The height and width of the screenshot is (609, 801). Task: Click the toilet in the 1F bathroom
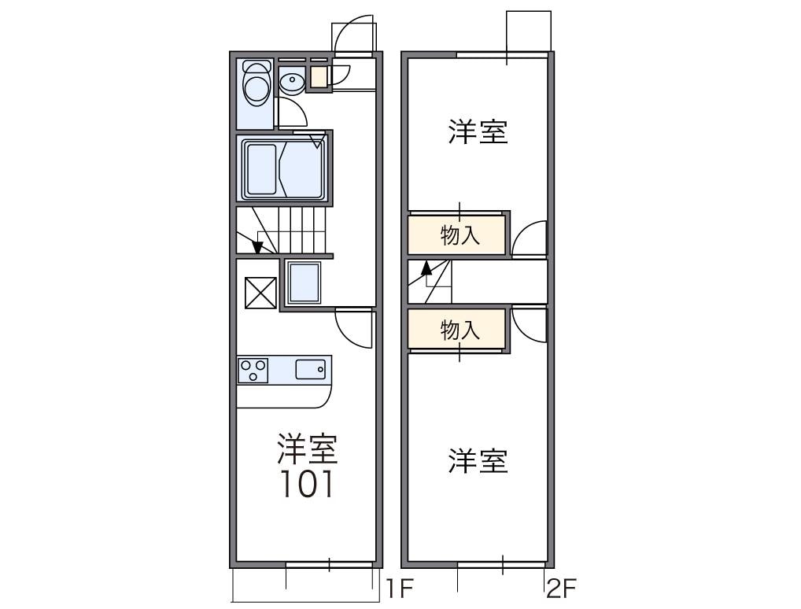tap(255, 87)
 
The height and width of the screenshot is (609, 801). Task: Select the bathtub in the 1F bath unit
tap(283, 168)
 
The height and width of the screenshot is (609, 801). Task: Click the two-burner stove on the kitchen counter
tap(253, 370)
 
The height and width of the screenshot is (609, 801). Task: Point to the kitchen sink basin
tap(311, 369)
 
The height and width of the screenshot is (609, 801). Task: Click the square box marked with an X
tap(260, 292)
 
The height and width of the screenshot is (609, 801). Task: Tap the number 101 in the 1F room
tap(308, 485)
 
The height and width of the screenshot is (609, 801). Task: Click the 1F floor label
tap(399, 587)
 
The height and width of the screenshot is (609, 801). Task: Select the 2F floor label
tap(563, 587)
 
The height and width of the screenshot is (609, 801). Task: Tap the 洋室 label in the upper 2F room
tap(478, 131)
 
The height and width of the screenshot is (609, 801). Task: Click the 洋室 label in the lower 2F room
tap(478, 461)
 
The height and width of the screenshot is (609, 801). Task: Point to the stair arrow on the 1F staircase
tap(257, 246)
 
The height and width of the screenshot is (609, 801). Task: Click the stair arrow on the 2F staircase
tap(427, 268)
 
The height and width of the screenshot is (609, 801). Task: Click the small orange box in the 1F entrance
tap(318, 77)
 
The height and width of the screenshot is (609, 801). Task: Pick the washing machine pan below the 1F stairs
tap(304, 282)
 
